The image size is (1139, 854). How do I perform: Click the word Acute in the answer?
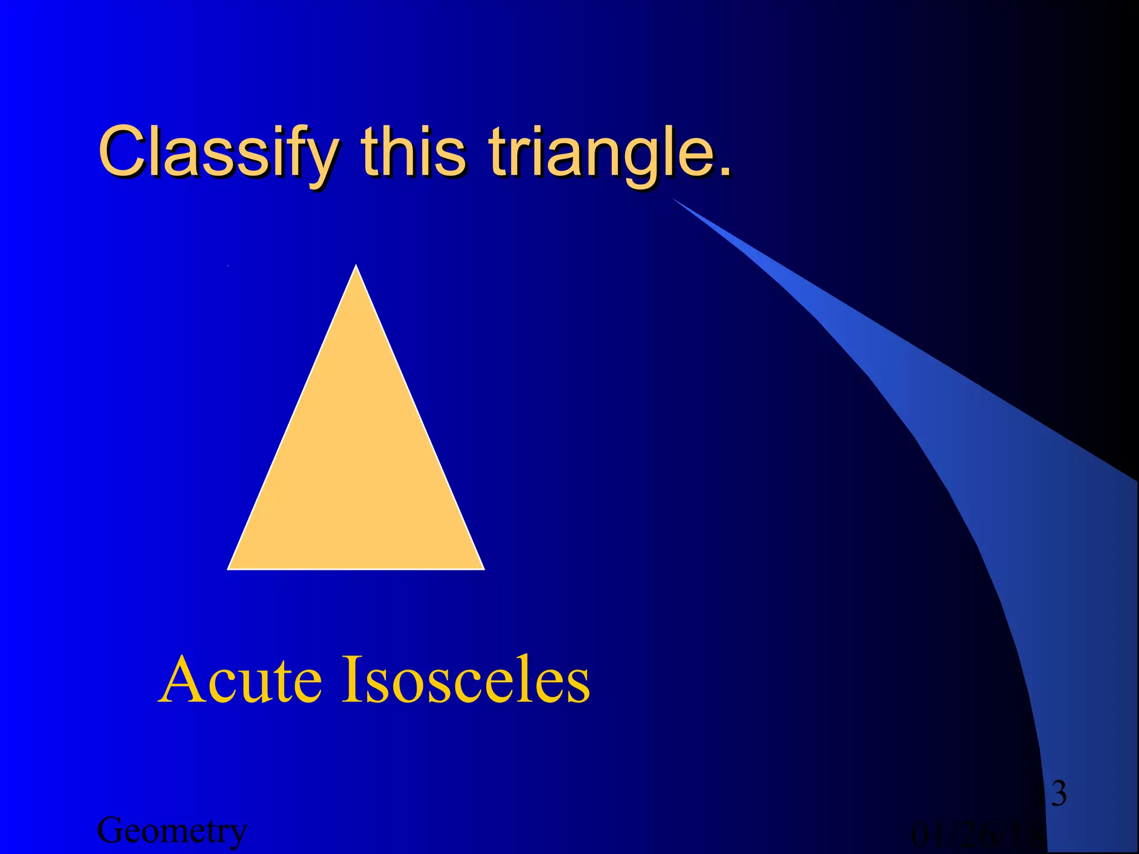pyautogui.click(x=241, y=679)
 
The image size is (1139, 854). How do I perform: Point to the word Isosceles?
pyautogui.click(x=465, y=679)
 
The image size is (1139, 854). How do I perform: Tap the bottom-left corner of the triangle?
pyautogui.click(x=229, y=569)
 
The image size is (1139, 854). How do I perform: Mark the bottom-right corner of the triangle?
pyautogui.click(x=483, y=569)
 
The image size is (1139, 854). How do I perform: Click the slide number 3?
pyautogui.click(x=1059, y=793)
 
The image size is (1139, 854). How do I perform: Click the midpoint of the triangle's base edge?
pyautogui.click(x=356, y=569)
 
